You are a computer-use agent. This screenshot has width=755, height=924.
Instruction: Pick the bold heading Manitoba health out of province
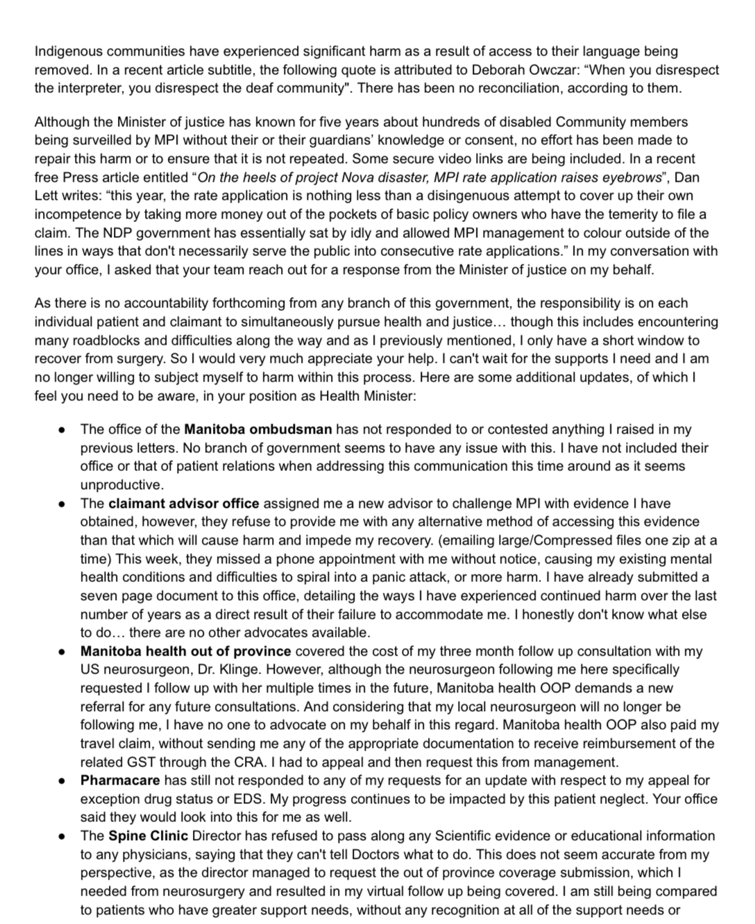(x=185, y=651)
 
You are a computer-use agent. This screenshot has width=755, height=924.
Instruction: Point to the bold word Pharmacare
(x=120, y=780)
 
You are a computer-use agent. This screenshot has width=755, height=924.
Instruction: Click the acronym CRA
(x=251, y=762)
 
